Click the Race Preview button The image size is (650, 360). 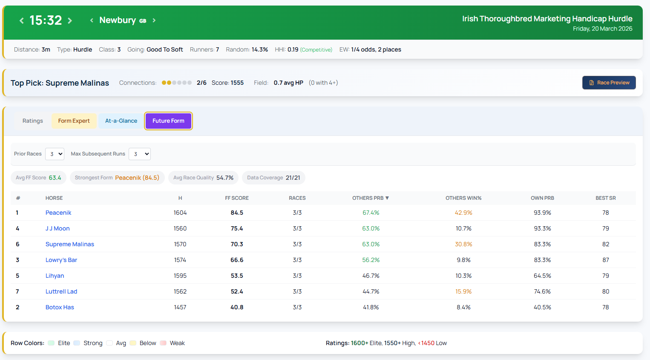609,83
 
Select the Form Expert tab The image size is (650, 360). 74,121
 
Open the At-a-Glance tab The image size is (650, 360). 121,121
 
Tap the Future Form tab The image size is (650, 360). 168,121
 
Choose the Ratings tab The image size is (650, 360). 33,121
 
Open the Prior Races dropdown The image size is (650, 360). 55,154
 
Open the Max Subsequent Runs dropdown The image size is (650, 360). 140,154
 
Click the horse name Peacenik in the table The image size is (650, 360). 58,213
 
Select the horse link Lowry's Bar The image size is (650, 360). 61,260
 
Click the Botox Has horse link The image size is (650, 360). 60,307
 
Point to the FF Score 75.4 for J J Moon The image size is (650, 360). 237,228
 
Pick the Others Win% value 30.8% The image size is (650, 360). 463,244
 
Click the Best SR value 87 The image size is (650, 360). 605,260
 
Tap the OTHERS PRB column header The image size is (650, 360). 370,198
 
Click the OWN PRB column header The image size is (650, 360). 542,198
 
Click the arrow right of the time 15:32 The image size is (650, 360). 70,20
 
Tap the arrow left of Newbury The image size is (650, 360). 92,20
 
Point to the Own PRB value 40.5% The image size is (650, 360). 542,307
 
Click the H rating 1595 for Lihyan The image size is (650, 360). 180,276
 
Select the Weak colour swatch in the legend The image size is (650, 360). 163,343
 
